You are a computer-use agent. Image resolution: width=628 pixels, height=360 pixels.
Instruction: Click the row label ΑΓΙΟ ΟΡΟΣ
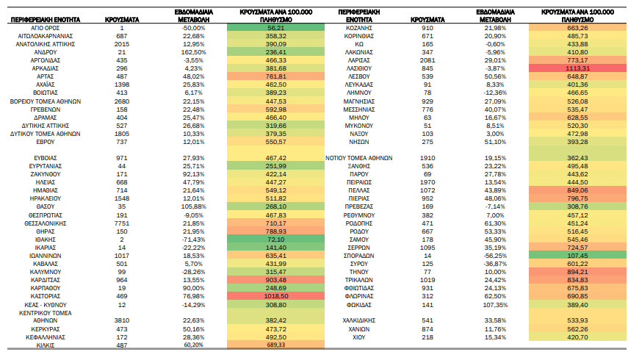[46, 28]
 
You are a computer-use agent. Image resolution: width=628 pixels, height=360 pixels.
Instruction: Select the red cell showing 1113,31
[577, 68]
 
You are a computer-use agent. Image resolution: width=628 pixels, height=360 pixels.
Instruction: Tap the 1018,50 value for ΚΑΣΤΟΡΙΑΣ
[275, 296]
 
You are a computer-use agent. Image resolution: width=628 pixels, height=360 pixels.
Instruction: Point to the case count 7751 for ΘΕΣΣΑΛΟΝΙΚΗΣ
[122, 223]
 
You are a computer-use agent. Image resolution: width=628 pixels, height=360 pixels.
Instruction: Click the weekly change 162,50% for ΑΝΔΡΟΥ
[194, 52]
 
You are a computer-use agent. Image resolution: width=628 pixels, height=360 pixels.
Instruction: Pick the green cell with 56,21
[275, 28]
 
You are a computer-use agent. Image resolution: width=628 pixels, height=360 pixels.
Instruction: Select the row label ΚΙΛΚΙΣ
[46, 345]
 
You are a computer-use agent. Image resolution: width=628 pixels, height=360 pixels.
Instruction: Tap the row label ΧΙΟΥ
[359, 337]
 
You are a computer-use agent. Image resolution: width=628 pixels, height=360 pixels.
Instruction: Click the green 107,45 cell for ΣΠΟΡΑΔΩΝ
[577, 256]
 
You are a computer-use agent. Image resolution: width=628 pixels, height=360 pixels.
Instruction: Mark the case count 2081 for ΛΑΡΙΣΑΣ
[427, 60]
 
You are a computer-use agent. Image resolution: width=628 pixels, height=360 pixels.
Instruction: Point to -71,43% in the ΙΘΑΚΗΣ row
[194, 240]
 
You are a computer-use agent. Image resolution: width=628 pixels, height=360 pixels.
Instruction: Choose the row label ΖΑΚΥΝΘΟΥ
[46, 174]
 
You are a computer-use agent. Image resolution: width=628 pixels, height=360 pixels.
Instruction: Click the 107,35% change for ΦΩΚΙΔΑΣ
[495, 305]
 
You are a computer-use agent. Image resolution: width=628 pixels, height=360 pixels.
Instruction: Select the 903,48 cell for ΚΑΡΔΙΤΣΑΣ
[275, 280]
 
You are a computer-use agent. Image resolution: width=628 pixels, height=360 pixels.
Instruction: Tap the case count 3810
[122, 320]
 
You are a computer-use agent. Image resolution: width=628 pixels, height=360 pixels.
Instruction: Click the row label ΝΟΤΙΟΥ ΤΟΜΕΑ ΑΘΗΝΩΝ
[359, 158]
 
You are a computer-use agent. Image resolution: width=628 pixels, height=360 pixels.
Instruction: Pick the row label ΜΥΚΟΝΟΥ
[359, 126]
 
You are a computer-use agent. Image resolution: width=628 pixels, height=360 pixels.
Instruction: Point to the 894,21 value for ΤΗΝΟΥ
[577, 272]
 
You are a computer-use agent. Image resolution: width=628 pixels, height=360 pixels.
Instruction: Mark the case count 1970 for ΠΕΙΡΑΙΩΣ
[427, 182]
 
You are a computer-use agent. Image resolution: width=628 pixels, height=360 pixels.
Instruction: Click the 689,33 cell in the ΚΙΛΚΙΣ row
[275, 345]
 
